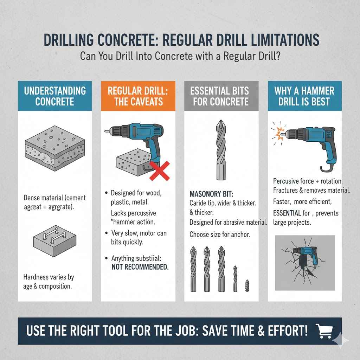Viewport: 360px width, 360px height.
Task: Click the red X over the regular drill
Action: pyautogui.click(x=160, y=171)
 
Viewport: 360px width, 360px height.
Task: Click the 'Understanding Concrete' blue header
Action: pyautogui.click(x=55, y=96)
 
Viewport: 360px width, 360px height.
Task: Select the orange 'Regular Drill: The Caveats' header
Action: pyautogui.click(x=138, y=96)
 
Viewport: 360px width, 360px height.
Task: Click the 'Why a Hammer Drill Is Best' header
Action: pyautogui.click(x=304, y=96)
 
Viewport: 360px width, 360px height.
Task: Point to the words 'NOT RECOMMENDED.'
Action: pyautogui.click(x=140, y=267)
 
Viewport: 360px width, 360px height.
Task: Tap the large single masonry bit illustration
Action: pyautogui.click(x=220, y=149)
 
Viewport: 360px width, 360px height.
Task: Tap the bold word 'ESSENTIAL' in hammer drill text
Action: pyautogui.click(x=287, y=213)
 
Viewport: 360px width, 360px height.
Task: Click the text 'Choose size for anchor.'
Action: pyautogui.click(x=220, y=234)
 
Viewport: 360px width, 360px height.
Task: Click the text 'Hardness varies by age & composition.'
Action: pyautogui.click(x=49, y=282)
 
